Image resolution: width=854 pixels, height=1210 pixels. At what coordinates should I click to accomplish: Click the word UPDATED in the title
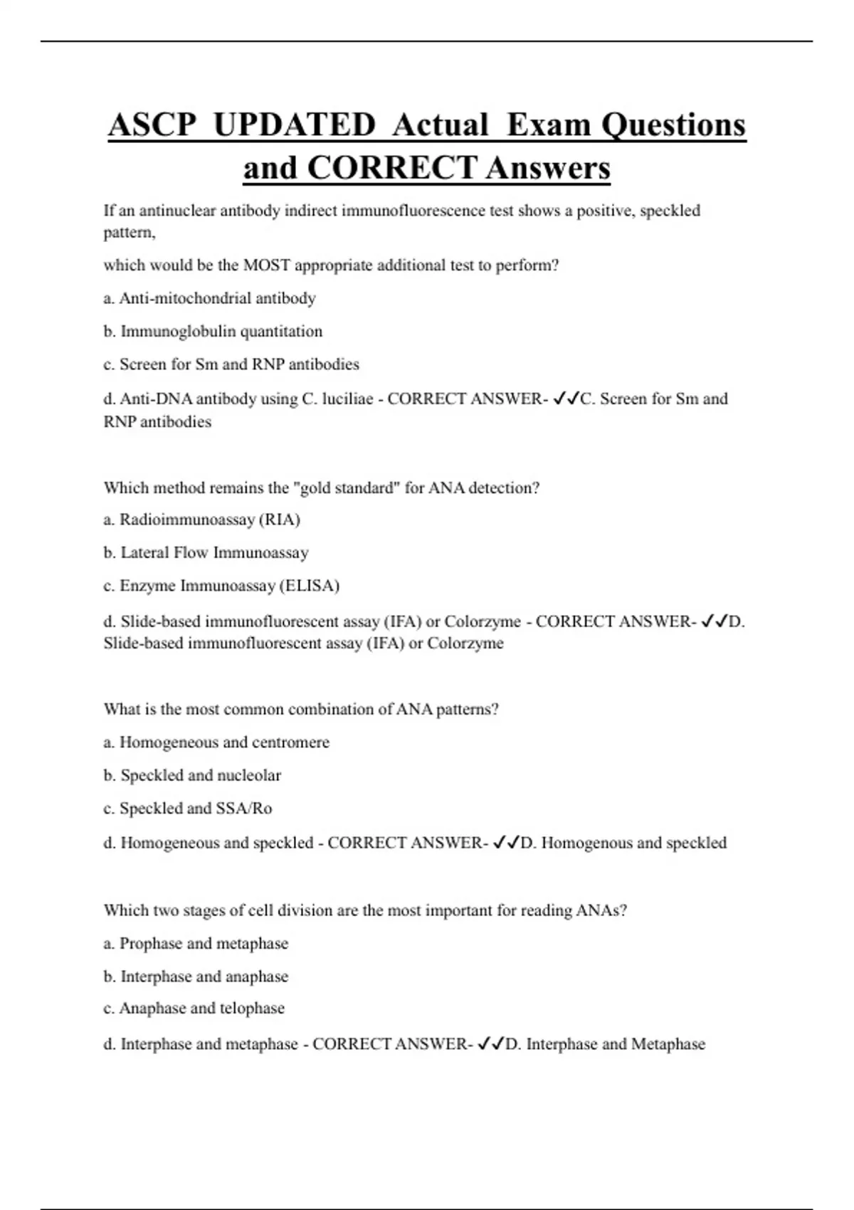click(x=294, y=125)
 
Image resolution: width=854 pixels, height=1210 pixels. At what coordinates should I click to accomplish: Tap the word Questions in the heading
click(x=673, y=125)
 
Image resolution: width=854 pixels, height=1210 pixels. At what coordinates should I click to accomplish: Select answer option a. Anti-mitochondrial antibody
click(x=209, y=298)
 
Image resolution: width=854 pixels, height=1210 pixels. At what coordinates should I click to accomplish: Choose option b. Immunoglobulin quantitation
click(x=213, y=331)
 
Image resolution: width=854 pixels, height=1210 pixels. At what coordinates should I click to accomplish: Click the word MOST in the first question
click(x=266, y=265)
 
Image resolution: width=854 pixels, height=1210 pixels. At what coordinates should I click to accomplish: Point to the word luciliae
click(x=347, y=399)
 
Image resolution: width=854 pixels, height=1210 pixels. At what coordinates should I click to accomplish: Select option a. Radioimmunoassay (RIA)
click(x=201, y=520)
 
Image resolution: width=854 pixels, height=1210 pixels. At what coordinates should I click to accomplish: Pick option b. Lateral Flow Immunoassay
click(x=206, y=552)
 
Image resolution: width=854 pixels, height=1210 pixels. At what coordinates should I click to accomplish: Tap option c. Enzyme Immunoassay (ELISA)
click(x=221, y=586)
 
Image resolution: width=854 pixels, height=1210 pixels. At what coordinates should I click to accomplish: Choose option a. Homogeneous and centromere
click(x=216, y=742)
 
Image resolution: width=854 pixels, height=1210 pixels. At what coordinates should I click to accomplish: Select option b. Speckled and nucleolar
click(x=192, y=775)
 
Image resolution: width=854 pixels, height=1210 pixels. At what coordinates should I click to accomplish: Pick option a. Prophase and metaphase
click(x=196, y=944)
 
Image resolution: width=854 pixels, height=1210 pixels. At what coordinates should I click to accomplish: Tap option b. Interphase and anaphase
click(x=196, y=977)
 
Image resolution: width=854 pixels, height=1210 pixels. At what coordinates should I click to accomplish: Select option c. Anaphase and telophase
click(x=194, y=1009)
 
